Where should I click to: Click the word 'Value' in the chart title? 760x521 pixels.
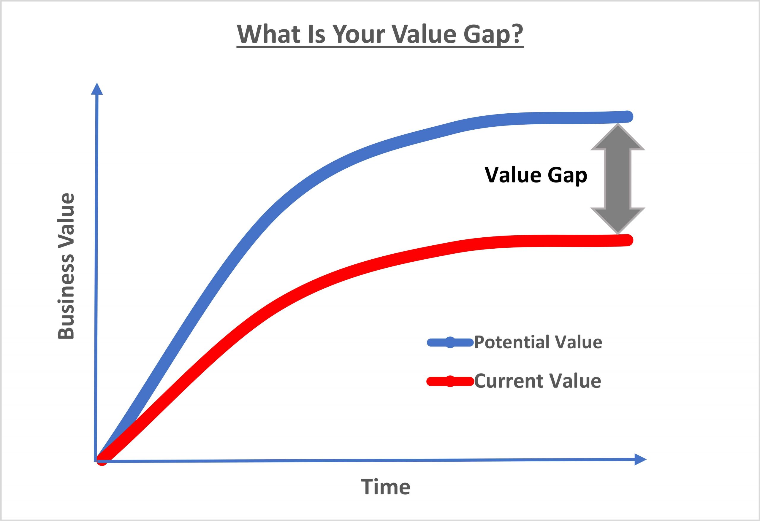tap(424, 34)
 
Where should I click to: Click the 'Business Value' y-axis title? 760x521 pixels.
tap(66, 266)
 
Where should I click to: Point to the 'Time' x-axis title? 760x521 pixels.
tap(386, 487)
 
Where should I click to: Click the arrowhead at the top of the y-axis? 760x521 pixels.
tap(97, 89)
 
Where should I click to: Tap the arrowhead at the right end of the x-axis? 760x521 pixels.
tap(640, 459)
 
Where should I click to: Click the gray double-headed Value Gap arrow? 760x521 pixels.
tap(618, 179)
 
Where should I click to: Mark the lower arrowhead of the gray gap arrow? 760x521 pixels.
tap(618, 221)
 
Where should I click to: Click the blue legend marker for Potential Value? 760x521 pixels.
tap(450, 342)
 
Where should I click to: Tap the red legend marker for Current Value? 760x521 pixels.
tap(450, 381)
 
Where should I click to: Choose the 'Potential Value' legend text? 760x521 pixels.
tap(538, 342)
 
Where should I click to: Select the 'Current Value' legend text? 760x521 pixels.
tap(538, 381)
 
